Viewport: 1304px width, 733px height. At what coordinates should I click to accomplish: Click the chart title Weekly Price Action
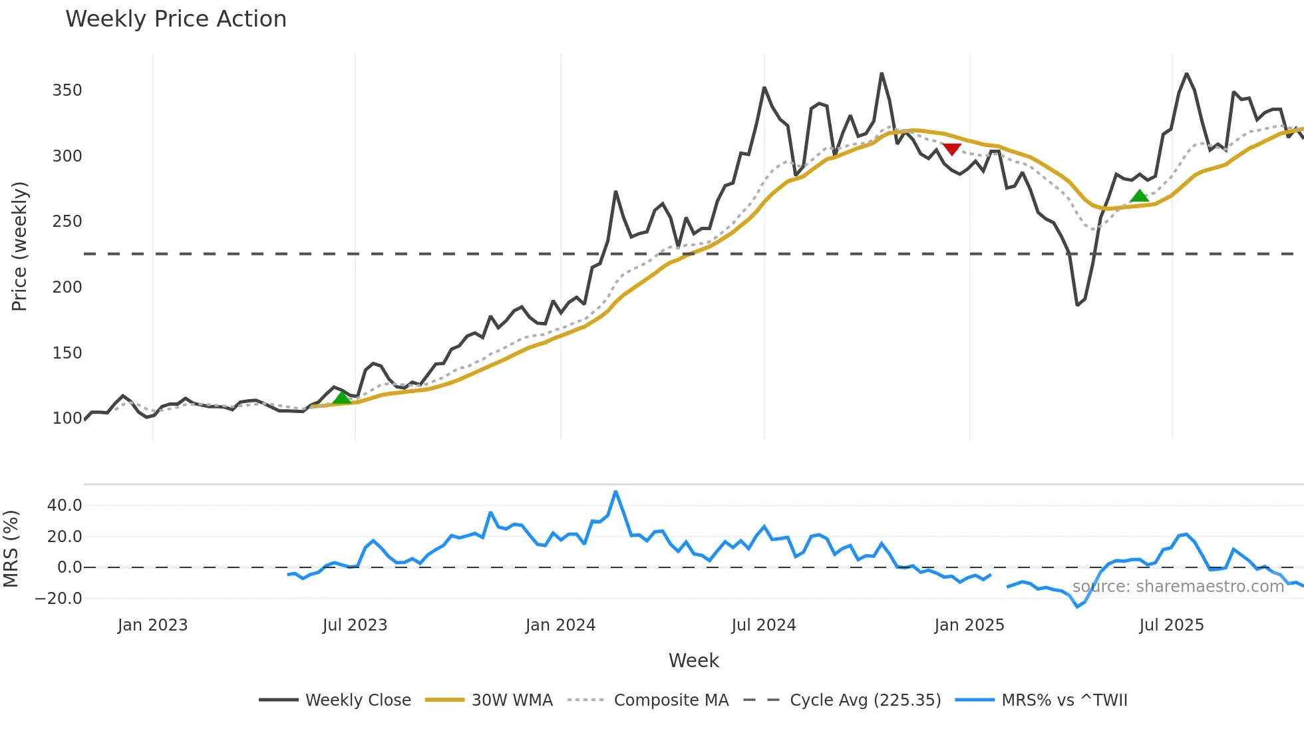point(176,19)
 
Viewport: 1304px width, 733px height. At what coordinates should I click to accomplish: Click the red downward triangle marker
point(952,149)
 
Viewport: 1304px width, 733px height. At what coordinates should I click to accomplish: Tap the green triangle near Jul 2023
point(341,397)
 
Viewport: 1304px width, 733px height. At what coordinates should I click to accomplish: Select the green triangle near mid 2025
point(1139,196)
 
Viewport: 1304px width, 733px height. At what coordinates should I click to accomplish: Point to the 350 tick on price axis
point(67,90)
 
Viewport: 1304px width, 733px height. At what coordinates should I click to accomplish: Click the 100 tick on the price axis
point(67,418)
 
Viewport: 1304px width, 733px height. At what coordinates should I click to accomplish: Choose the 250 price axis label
point(67,221)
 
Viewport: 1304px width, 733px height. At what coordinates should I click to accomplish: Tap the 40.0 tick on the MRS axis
point(65,506)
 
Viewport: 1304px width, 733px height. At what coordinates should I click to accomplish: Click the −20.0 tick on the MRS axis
point(59,599)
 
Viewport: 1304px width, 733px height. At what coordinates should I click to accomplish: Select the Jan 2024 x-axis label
point(560,625)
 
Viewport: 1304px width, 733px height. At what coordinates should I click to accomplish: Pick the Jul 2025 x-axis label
point(1171,625)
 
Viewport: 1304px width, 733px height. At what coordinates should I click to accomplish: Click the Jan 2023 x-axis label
point(152,625)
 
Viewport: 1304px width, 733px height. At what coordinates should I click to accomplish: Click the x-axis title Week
point(693,660)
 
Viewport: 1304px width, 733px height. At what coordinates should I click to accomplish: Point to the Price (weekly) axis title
point(19,246)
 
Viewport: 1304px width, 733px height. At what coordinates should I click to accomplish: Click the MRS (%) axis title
point(11,549)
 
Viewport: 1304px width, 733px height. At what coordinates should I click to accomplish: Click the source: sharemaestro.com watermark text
point(1178,587)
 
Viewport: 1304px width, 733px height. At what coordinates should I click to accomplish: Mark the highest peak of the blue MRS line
point(615,492)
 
